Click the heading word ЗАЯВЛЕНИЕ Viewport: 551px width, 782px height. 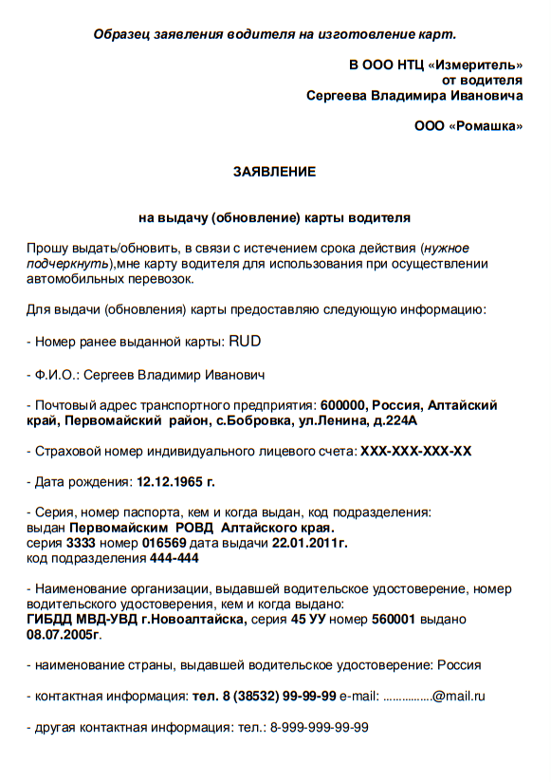(274, 172)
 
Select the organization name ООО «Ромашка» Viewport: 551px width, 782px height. (468, 125)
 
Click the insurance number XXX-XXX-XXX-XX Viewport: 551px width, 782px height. (415, 451)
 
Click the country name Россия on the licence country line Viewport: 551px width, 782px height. (458, 665)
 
